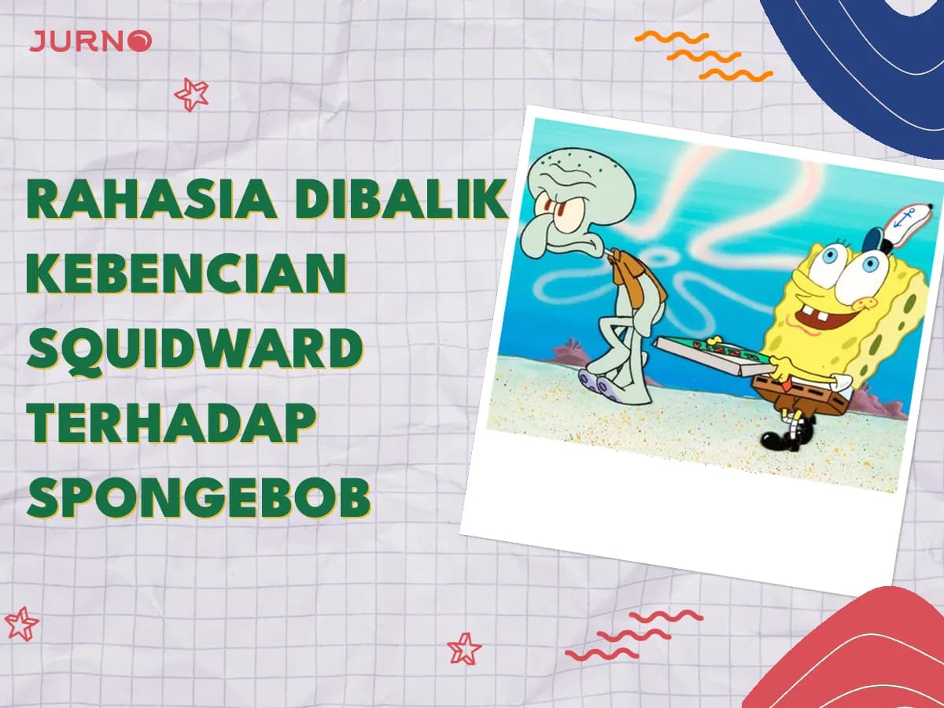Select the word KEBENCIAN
pyautogui.click(x=186, y=275)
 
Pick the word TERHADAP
pyautogui.click(x=171, y=424)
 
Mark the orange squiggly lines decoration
pyautogui.click(x=702, y=56)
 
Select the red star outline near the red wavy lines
pyautogui.click(x=464, y=648)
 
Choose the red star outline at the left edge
pyautogui.click(x=20, y=623)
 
